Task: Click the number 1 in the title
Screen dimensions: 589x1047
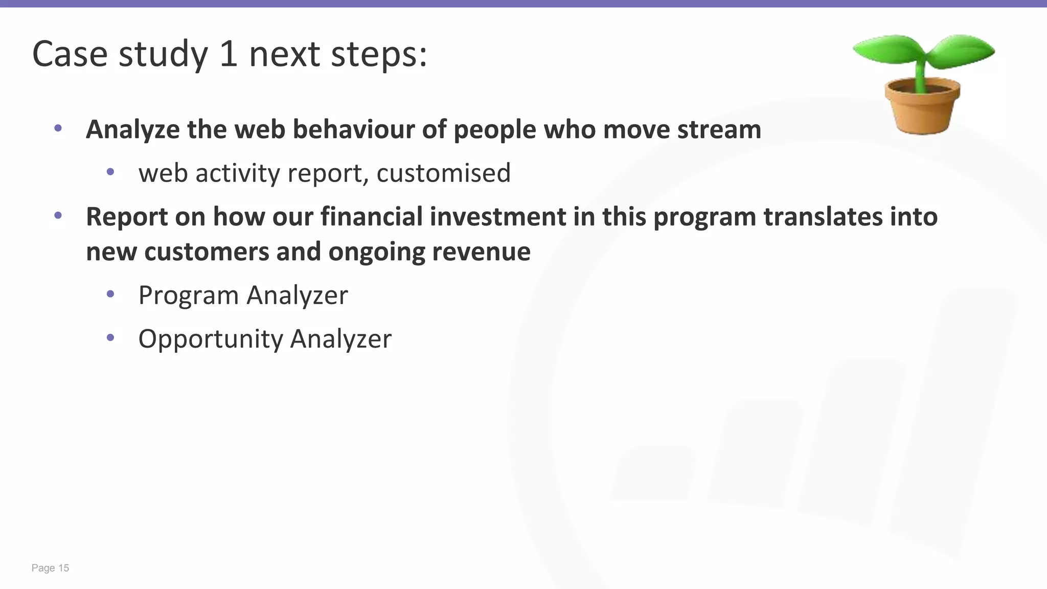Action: click(229, 54)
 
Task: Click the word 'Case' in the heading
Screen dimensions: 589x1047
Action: click(70, 54)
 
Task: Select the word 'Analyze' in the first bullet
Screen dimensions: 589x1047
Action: click(132, 129)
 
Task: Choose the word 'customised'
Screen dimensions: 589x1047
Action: click(443, 173)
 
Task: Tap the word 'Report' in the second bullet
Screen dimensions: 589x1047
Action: click(127, 217)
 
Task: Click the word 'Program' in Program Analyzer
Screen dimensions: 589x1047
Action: click(188, 296)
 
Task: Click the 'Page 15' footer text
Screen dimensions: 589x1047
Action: click(50, 568)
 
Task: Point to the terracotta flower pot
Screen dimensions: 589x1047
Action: click(922, 109)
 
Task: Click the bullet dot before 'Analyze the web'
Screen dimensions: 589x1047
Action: click(58, 128)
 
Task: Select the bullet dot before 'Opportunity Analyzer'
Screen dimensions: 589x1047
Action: click(110, 337)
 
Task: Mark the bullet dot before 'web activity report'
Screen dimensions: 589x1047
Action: click(110, 172)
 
